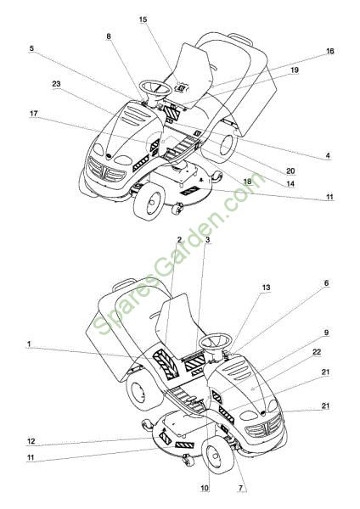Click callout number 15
[x=143, y=20]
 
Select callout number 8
[x=109, y=36]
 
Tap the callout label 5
[x=31, y=48]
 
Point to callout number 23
[x=56, y=84]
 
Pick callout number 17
[x=34, y=114]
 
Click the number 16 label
[x=329, y=51]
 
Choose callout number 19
[x=295, y=70]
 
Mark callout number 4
[x=328, y=156]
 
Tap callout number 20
[x=290, y=171]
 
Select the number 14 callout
[x=290, y=184]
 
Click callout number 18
[x=248, y=182]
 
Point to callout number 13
[x=266, y=288]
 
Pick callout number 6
[x=326, y=283]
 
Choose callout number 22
[x=317, y=352]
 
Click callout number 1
[x=29, y=344]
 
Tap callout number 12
[x=31, y=441]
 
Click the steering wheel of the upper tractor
[x=155, y=87]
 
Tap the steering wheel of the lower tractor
[x=216, y=341]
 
